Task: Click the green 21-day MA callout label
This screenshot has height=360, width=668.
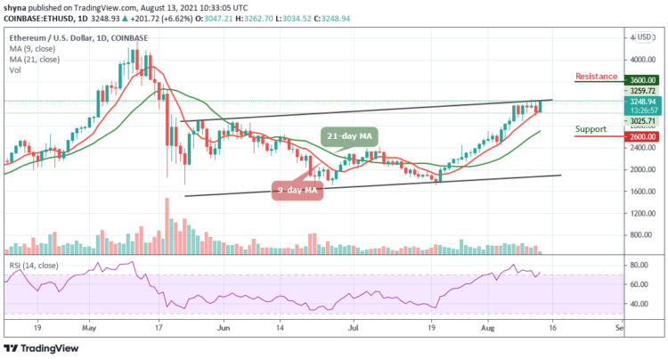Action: click(351, 136)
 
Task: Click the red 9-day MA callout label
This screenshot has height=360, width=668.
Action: click(296, 190)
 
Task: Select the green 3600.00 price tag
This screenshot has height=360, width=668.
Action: click(640, 79)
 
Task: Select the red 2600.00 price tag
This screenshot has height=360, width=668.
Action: click(640, 136)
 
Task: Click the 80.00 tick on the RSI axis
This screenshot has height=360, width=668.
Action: click(637, 265)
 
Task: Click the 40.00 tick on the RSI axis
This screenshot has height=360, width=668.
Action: click(637, 304)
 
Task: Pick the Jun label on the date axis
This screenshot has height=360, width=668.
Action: click(224, 327)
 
